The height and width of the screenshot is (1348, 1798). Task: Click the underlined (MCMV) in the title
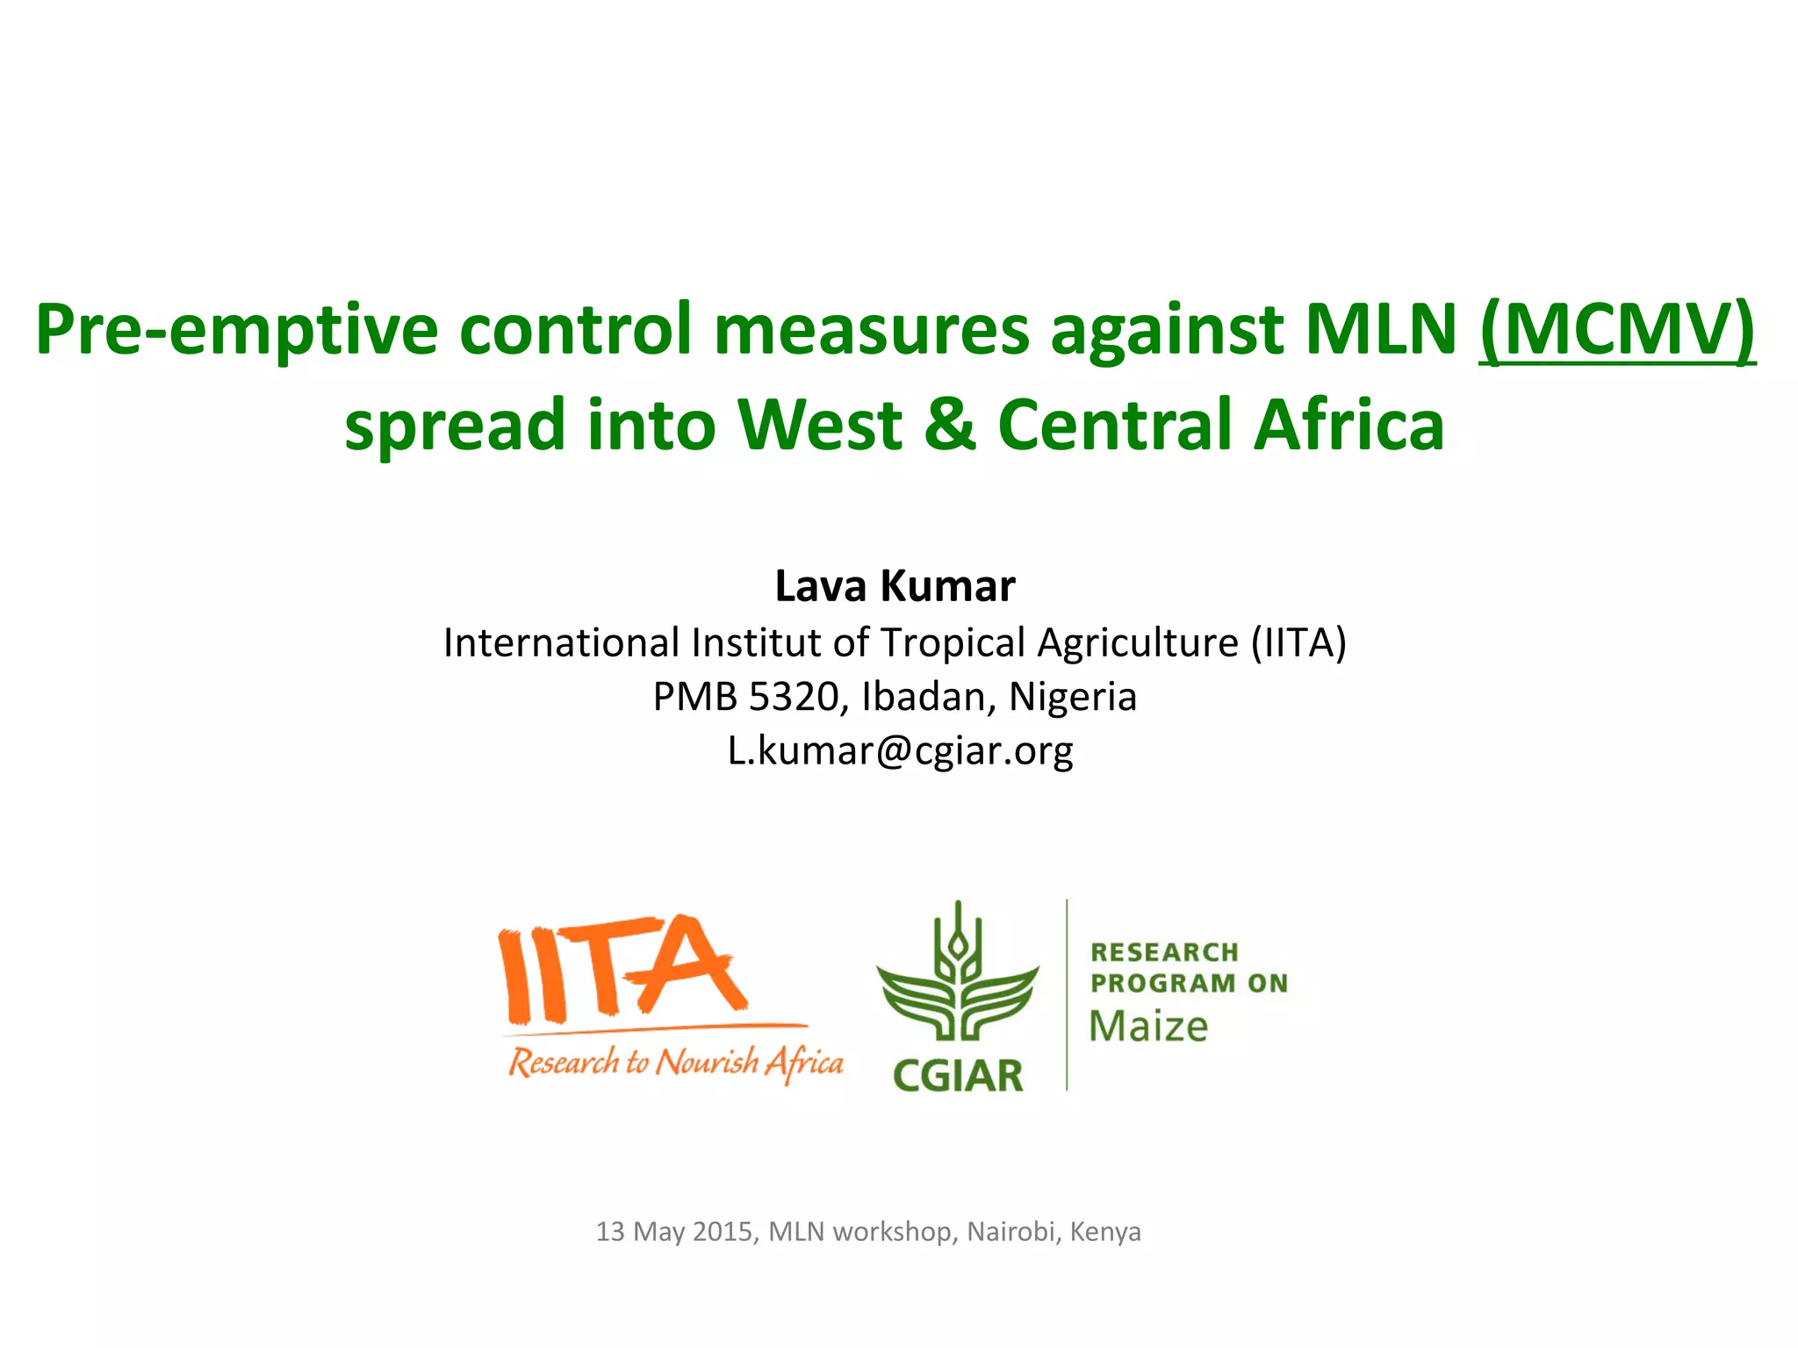coord(1617,330)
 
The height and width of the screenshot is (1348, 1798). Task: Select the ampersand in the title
coord(950,425)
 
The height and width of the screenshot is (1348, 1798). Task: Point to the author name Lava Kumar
coord(895,586)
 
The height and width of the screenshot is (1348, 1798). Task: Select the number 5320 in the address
coord(795,697)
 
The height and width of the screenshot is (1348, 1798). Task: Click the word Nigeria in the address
coord(1073,697)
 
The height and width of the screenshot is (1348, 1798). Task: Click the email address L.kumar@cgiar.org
coord(900,751)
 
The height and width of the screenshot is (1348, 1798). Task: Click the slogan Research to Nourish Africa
coord(675,1063)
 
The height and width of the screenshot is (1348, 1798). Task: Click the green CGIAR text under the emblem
coord(958,1076)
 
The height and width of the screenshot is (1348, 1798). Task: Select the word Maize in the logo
coord(1148,1027)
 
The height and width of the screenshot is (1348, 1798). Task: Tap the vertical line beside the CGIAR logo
coord(1067,994)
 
